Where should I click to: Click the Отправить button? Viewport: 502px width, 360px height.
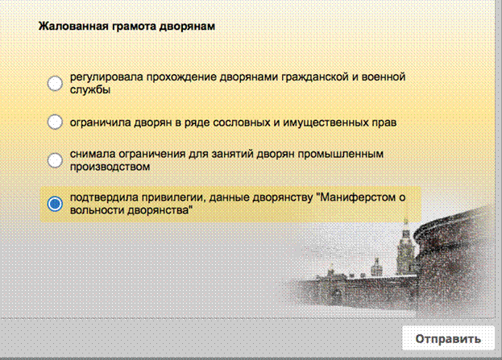(448, 338)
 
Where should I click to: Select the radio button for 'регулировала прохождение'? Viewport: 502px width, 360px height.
(55, 83)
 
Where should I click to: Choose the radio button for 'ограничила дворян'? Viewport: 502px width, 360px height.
(55, 122)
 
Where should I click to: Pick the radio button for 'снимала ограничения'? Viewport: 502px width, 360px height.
(55, 160)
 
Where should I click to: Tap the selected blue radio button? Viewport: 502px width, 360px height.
(55, 204)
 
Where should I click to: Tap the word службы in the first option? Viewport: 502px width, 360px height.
(90, 90)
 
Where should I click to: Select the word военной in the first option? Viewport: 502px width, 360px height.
(384, 77)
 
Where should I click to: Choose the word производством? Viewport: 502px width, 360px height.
(110, 167)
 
